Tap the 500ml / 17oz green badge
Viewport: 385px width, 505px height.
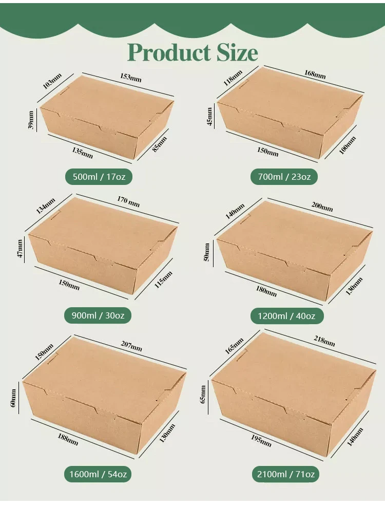click(99, 177)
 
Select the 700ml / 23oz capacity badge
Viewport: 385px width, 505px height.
click(284, 177)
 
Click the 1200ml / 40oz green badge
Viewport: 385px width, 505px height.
click(287, 315)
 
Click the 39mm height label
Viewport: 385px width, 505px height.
click(31, 120)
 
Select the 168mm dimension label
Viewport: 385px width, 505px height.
click(315, 74)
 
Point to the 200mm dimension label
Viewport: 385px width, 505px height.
click(322, 207)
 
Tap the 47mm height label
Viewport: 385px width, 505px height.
click(20, 249)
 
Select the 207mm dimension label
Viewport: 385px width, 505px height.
click(131, 348)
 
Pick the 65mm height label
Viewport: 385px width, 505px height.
click(203, 394)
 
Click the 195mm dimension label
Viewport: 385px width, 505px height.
click(261, 440)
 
